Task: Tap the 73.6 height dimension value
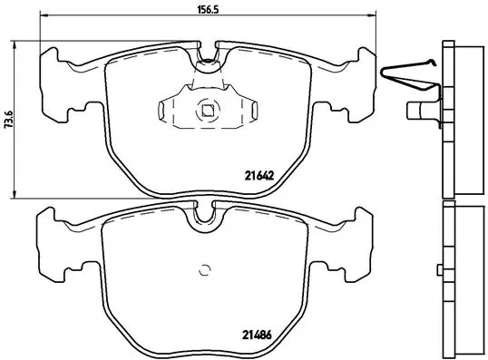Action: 9,118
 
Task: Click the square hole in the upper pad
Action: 208,112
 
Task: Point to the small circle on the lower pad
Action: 206,268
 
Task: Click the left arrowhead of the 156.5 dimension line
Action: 45,16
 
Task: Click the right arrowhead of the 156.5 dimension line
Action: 373,16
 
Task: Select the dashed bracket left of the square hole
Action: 164,112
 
